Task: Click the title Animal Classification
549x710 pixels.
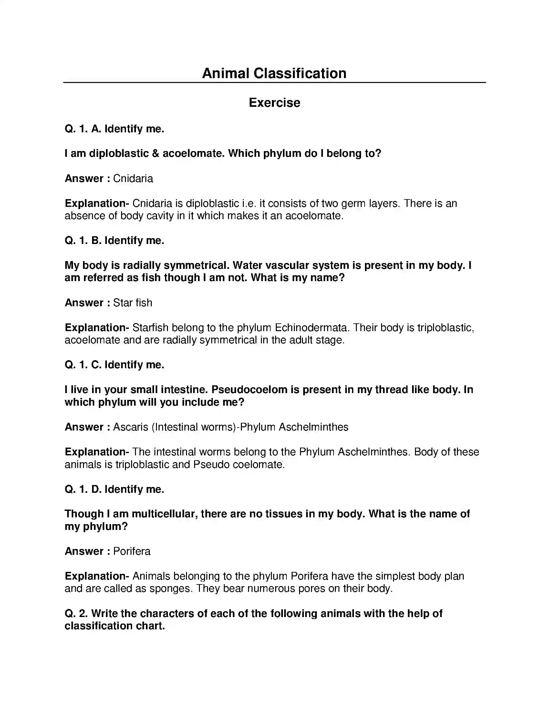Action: pos(274,74)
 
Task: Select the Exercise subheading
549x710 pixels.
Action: pos(274,103)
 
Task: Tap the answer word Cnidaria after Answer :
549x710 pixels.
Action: pos(133,178)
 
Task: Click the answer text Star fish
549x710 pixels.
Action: pos(132,303)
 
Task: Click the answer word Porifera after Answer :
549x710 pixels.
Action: pos(132,551)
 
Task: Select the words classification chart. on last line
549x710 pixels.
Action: pos(115,626)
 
